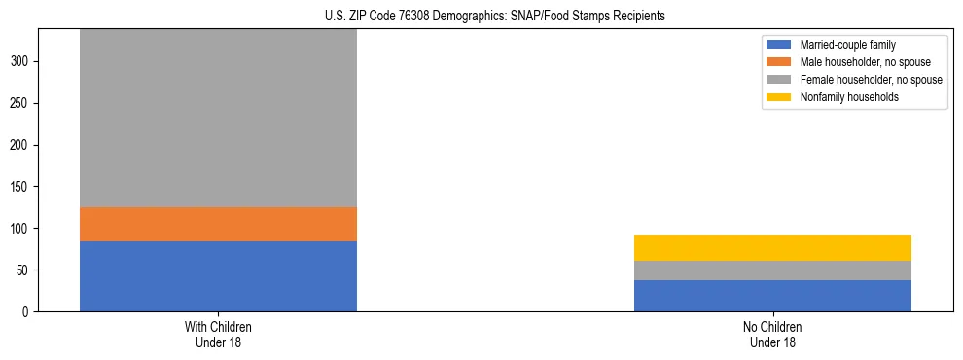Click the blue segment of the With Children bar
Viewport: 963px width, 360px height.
[x=218, y=276]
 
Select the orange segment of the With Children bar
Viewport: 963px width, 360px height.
[x=218, y=224]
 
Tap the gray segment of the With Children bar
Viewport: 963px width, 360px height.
[x=218, y=118]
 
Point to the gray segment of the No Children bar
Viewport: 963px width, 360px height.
[x=772, y=270]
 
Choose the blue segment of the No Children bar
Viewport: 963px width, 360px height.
[x=772, y=296]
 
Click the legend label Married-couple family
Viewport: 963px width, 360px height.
[x=847, y=45]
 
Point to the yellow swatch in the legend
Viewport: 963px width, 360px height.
[x=779, y=97]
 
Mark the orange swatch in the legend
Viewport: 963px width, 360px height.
[x=779, y=62]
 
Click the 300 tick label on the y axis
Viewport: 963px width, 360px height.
[x=21, y=61]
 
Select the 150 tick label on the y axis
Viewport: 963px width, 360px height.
[x=21, y=187]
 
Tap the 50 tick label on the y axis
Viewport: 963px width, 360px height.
[x=24, y=270]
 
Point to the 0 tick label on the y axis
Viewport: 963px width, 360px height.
[x=27, y=312]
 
